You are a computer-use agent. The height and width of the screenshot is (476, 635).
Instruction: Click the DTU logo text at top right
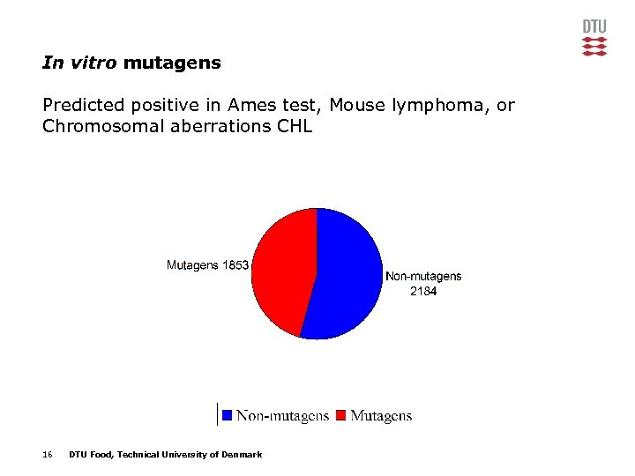594,26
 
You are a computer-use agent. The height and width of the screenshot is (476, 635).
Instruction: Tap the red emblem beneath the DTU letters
594,47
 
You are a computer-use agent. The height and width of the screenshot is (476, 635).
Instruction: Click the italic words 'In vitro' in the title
80,63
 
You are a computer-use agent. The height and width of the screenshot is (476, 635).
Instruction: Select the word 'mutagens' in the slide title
172,63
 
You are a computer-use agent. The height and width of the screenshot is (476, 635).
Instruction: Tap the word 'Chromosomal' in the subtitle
95,127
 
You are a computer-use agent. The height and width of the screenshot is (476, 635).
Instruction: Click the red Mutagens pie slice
280,269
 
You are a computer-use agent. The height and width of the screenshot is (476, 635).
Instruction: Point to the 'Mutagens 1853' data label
208,265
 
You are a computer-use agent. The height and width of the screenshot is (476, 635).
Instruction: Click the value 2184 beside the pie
423,292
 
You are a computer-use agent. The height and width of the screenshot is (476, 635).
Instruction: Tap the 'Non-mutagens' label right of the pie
423,277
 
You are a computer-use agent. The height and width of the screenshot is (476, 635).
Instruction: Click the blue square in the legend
228,415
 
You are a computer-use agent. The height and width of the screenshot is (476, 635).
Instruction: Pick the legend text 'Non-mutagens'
282,415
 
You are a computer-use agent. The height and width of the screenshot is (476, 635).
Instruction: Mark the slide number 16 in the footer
48,455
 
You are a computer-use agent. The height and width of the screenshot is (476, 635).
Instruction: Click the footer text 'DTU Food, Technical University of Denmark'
165,455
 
